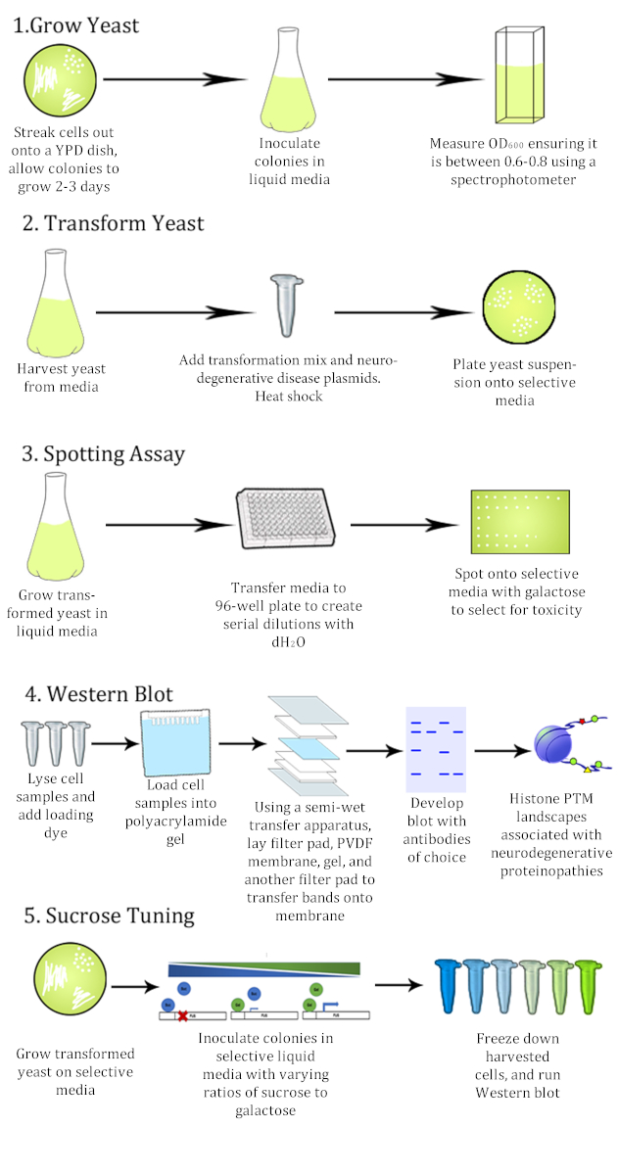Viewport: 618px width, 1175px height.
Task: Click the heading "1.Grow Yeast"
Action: coord(76,24)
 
